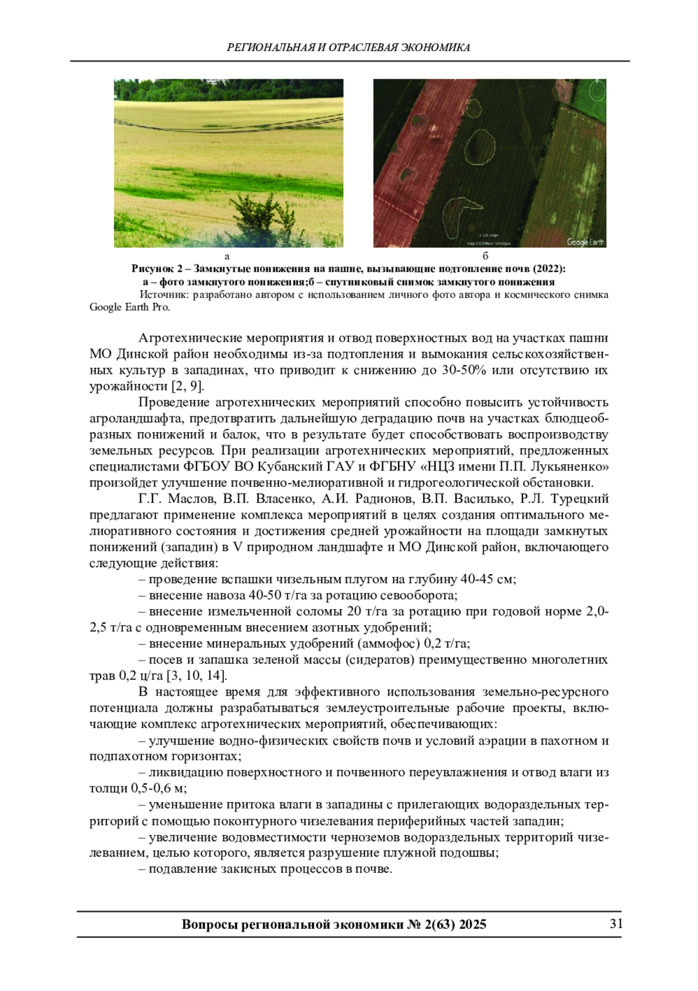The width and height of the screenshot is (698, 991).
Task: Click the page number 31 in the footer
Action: (x=615, y=924)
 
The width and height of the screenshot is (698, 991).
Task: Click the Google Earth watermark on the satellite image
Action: (x=585, y=242)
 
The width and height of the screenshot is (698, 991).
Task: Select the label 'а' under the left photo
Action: (x=227, y=256)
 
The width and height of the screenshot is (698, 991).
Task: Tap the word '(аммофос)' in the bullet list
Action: (x=388, y=643)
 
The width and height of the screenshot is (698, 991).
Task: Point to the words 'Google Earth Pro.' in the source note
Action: (x=130, y=308)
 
